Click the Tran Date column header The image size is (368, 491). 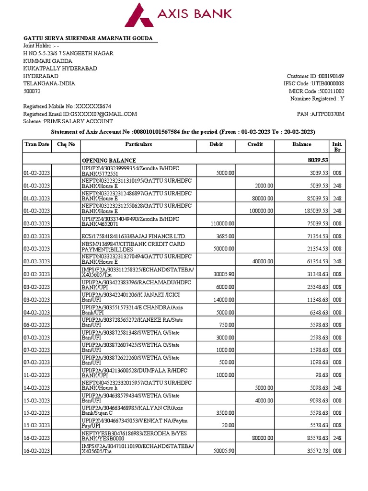pos(37,144)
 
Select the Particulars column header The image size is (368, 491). pos(138,144)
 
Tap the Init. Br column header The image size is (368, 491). pos(337,147)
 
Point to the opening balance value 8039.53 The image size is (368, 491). pos(317,160)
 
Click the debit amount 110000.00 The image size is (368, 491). pos(222,223)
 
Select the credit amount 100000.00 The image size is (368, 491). pos(259,210)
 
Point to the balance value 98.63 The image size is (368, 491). pos(321,375)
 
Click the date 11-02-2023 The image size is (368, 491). pos(37,375)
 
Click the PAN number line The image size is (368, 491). pos(321,114)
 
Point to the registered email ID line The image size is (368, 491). pos(80,114)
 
